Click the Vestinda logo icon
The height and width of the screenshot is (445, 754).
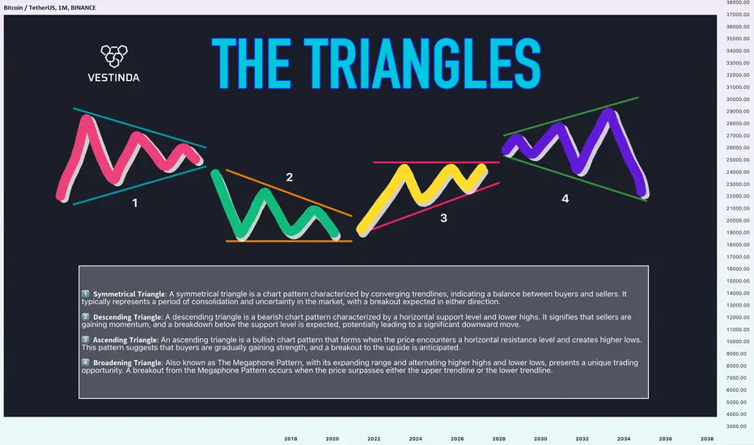click(x=114, y=56)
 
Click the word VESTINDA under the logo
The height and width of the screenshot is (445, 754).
click(x=113, y=78)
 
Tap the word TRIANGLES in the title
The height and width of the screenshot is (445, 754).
click(x=422, y=63)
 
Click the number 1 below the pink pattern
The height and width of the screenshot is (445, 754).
click(x=135, y=203)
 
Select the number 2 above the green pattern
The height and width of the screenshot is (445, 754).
click(x=290, y=177)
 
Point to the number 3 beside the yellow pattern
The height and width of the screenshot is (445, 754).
click(x=443, y=218)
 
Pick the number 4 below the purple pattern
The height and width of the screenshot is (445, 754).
click(x=565, y=199)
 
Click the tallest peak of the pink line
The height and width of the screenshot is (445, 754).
click(x=87, y=117)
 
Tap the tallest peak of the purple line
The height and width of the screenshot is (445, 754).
click(x=608, y=112)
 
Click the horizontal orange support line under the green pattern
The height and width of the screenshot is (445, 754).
click(x=289, y=241)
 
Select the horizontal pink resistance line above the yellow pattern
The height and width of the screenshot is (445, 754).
click(x=437, y=162)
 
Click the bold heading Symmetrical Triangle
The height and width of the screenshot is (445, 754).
click(x=129, y=294)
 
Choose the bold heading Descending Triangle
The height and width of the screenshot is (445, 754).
click(x=127, y=317)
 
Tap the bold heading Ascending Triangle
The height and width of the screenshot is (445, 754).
click(x=125, y=340)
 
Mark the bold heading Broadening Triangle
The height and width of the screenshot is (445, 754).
click(x=127, y=362)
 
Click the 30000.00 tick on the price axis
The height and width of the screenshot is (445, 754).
click(x=738, y=99)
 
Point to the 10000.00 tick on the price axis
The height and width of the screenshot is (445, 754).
click(x=738, y=341)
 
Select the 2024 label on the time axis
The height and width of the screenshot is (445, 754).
click(x=416, y=439)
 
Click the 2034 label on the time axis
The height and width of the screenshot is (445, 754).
click(x=624, y=439)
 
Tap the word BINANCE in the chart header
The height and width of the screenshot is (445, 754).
click(x=83, y=8)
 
